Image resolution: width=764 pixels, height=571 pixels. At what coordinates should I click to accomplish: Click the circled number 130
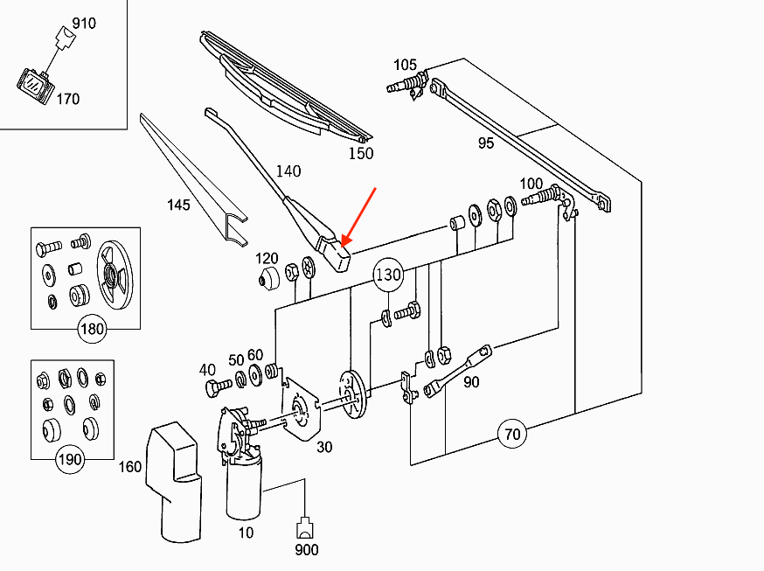(388, 275)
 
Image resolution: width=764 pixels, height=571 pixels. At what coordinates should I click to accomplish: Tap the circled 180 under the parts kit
(92, 330)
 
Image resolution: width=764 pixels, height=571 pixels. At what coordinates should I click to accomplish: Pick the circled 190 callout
(70, 459)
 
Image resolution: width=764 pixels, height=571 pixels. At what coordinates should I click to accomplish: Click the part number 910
(84, 23)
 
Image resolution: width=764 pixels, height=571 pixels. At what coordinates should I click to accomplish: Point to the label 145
(178, 205)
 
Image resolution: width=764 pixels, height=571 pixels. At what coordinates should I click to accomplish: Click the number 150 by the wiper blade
(360, 154)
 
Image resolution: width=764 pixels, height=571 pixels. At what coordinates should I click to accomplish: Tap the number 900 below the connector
(306, 550)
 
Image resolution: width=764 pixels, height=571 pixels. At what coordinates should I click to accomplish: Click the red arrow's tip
(344, 244)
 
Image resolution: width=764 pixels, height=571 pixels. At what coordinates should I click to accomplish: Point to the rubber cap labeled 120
(267, 281)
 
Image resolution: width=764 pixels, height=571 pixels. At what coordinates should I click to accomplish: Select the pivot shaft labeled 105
(407, 85)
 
